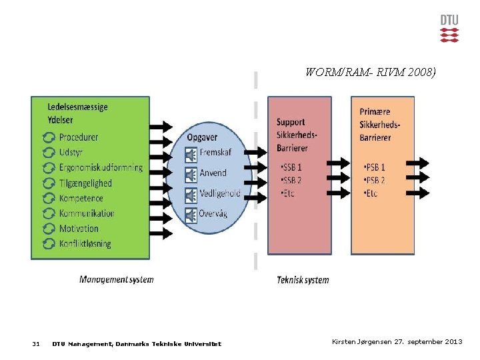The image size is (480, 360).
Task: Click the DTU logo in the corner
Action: (449, 28)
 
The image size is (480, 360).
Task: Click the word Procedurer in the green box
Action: (79, 137)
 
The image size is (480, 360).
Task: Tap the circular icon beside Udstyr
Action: (49, 153)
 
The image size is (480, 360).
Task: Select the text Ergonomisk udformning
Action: (101, 167)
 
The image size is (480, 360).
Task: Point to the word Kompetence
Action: (81, 198)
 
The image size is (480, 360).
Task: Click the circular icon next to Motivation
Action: (49, 229)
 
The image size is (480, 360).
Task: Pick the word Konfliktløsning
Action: (85, 243)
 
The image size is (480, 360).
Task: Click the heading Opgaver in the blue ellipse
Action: (201, 137)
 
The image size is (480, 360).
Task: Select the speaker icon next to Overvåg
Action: (191, 214)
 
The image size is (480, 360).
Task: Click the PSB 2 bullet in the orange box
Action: (374, 180)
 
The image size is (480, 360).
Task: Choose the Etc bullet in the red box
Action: (287, 193)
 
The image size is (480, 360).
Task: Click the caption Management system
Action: (116, 279)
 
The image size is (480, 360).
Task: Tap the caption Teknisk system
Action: (303, 280)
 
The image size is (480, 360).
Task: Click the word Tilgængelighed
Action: (85, 183)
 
